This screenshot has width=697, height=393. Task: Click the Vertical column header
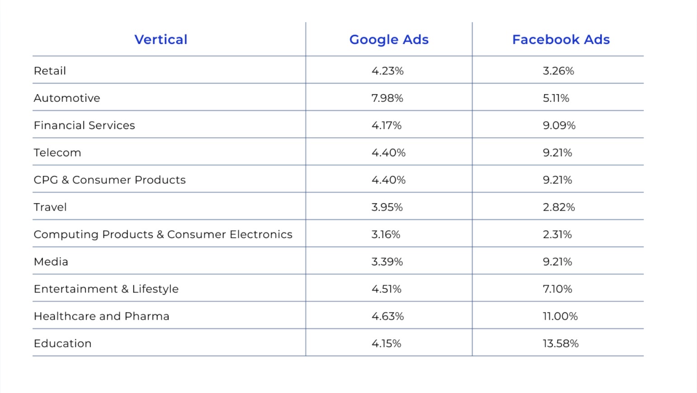[x=160, y=40]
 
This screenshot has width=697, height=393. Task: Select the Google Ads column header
[x=389, y=40]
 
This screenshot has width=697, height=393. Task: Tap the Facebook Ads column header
[x=560, y=40]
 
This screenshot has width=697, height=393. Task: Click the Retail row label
[x=50, y=71]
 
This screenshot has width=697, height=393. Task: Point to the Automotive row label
[x=67, y=98]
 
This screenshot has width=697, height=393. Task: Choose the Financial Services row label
[x=84, y=125]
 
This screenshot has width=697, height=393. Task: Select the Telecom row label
[x=57, y=153]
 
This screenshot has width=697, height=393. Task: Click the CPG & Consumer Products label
[x=109, y=180]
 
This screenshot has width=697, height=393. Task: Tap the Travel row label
[x=50, y=207]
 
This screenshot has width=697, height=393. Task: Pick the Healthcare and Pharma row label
[x=101, y=316]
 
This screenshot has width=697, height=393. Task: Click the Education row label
[x=62, y=344]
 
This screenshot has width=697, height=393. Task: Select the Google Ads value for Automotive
[x=387, y=98]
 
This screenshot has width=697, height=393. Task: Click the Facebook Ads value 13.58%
[x=560, y=344]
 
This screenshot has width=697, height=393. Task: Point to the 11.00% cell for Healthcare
[x=560, y=316]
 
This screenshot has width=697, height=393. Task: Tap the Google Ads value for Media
[x=387, y=262]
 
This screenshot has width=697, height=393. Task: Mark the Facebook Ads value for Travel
[x=559, y=207]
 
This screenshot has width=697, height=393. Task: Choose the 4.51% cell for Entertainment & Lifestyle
[x=386, y=289]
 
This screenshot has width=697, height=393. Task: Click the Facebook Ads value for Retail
[x=558, y=71]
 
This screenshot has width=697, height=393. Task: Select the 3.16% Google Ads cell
[x=386, y=235]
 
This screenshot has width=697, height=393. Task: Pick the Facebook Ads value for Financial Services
[x=559, y=125]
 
